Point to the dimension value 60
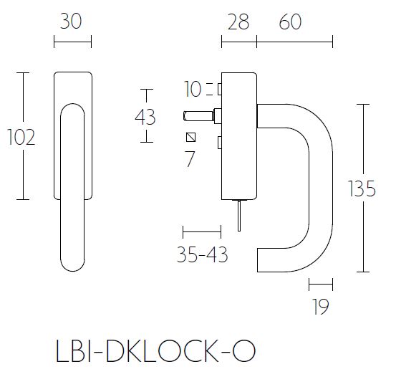pyautogui.click(x=290, y=22)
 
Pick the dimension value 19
pyautogui.click(x=320, y=307)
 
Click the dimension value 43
pyautogui.click(x=145, y=116)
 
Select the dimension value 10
pyautogui.click(x=193, y=90)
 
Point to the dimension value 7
pyautogui.click(x=190, y=159)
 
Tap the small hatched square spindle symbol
pyautogui.click(x=190, y=138)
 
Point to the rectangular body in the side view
pyautogui.click(x=239, y=136)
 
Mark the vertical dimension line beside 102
pyautogui.click(x=26, y=136)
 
